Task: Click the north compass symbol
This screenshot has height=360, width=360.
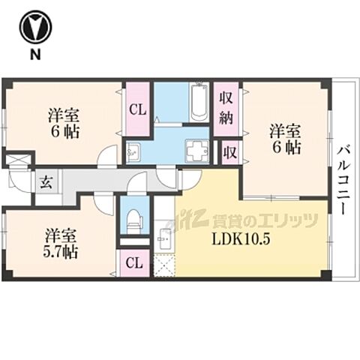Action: [34, 28]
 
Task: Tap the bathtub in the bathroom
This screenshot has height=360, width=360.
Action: [199, 103]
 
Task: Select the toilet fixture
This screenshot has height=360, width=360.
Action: [135, 219]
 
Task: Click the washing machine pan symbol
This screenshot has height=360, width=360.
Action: [199, 151]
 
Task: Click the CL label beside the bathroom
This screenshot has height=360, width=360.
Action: [136, 109]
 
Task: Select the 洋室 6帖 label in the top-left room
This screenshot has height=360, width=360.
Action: [64, 123]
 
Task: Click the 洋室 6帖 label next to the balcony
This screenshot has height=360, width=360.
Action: [285, 139]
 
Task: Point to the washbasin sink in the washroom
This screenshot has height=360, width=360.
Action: [133, 153]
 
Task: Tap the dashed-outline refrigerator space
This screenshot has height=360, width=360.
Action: [163, 266]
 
